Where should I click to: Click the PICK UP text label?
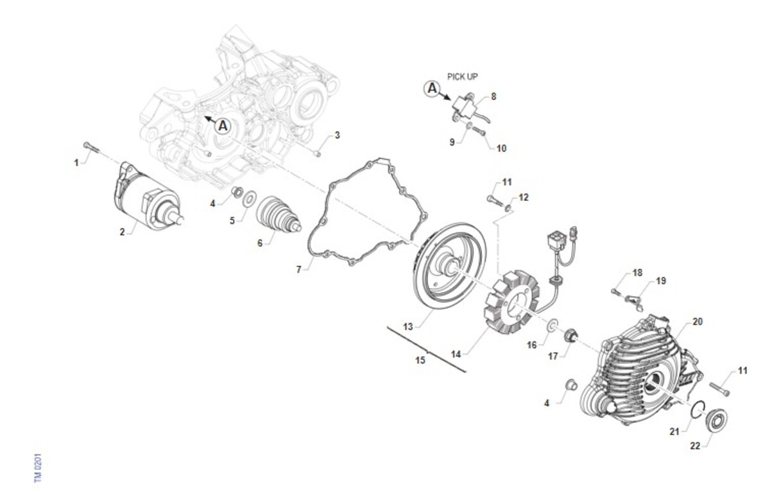pos(463,76)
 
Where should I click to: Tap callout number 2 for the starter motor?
pos(122,232)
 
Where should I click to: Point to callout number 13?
pos(407,326)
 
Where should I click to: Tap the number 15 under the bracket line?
pos(420,360)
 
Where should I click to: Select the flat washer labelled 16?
pos(552,325)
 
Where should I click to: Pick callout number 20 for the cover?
pos(697,322)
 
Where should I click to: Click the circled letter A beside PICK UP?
pos(432,89)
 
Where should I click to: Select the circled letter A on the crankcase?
pos(223,126)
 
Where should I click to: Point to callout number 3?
pos(338,135)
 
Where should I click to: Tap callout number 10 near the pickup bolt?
pos(501,148)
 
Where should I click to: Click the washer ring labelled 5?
pos(249,200)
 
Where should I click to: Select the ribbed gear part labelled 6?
pos(278,214)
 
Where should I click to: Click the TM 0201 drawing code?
pos(38,468)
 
